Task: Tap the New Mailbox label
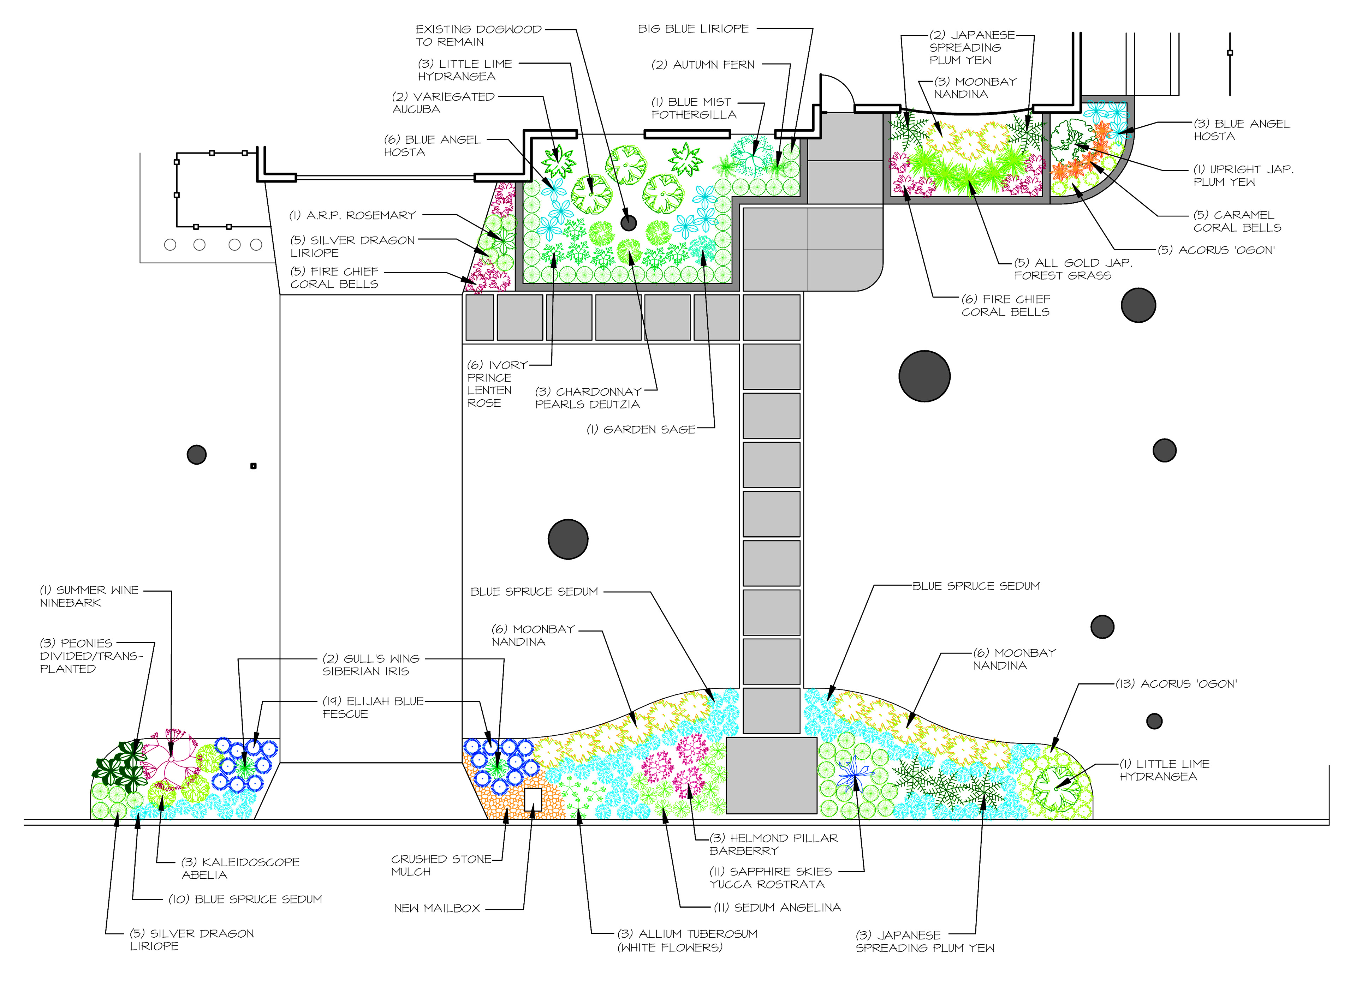[x=437, y=908]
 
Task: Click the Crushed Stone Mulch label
[x=441, y=865]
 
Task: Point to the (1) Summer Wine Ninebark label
[x=89, y=596]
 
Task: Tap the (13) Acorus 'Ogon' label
[x=1176, y=683]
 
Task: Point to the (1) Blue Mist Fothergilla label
[x=694, y=108]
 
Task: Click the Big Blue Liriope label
[x=694, y=29]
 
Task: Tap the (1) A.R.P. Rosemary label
[x=353, y=215]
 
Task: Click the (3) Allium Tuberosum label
[x=687, y=940]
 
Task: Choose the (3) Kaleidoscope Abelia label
[x=240, y=868]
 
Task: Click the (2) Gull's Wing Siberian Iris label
[x=371, y=665]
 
